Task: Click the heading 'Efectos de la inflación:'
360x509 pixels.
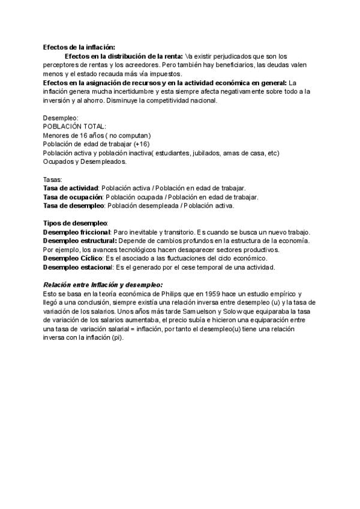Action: click(x=79, y=47)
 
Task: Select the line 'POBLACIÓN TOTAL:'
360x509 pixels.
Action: click(x=74, y=127)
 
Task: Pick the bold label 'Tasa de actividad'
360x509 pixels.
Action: click(x=71, y=188)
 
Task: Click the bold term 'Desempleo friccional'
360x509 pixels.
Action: click(x=76, y=232)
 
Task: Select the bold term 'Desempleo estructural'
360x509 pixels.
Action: click(x=78, y=241)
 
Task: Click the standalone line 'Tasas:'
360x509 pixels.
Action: click(x=53, y=179)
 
